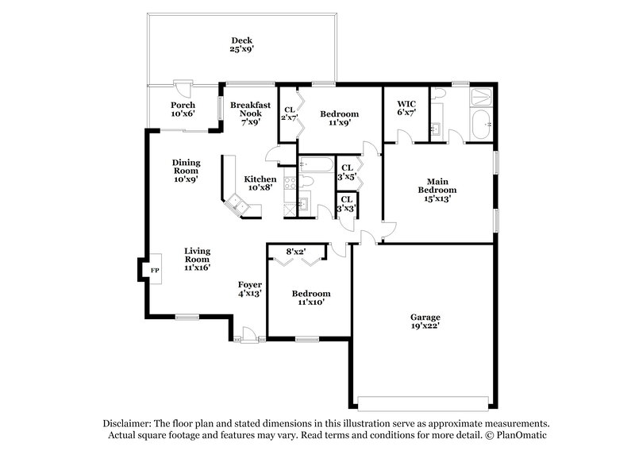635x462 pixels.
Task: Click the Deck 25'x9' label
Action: click(x=242, y=44)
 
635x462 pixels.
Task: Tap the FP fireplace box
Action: click(x=155, y=271)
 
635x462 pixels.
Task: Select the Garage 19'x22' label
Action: click(x=425, y=321)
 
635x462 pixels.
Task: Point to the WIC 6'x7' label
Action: click(x=406, y=108)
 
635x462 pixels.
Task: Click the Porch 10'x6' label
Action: click(x=184, y=110)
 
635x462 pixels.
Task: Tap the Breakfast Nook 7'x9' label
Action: click(x=251, y=114)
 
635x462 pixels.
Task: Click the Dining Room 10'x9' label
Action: click(x=187, y=171)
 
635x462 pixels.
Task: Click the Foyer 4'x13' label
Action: click(x=250, y=288)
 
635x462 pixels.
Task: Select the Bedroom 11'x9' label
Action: click(x=339, y=118)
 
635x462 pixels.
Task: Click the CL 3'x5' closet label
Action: click(x=347, y=172)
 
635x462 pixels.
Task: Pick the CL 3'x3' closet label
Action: click(x=347, y=204)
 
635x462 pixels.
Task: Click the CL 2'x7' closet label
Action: click(x=290, y=114)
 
